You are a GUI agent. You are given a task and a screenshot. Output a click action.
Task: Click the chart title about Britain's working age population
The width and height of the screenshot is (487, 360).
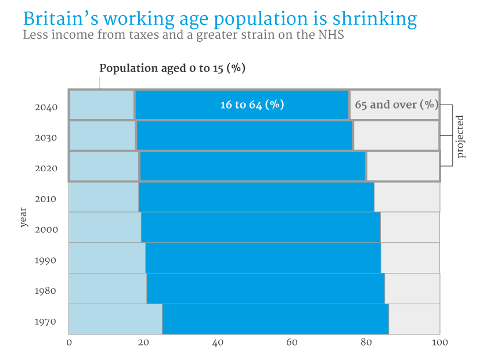219,19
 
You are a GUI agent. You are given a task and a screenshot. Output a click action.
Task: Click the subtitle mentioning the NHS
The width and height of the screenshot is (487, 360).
183,35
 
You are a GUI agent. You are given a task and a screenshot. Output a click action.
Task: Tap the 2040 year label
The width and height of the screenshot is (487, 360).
46,107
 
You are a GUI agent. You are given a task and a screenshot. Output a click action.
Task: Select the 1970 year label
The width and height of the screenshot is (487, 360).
46,322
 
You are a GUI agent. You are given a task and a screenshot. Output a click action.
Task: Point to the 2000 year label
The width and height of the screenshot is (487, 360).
46,230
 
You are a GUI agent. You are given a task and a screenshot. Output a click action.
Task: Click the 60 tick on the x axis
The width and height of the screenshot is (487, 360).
292,343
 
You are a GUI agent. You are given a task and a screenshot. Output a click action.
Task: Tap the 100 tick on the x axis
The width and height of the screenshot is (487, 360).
440,343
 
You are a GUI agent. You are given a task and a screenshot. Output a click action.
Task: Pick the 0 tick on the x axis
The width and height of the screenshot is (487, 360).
69,343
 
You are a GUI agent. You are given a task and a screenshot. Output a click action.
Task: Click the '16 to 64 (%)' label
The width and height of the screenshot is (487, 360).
252,105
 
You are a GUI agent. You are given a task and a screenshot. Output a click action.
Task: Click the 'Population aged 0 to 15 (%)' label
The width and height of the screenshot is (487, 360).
172,69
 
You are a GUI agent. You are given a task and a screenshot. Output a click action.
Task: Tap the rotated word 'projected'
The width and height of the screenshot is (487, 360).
461,136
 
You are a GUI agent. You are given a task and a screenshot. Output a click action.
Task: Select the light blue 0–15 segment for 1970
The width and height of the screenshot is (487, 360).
116,319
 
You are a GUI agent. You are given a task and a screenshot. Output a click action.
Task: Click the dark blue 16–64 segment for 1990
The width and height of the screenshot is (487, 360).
263,257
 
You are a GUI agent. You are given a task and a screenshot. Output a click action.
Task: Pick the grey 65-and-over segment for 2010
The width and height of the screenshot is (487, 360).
407,197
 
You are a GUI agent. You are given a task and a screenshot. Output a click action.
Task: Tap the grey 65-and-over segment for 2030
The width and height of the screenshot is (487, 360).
396,136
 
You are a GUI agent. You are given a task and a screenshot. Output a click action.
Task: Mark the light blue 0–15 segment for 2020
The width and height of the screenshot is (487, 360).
104,166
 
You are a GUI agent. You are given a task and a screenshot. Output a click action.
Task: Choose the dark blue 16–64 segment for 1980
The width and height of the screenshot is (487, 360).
265,288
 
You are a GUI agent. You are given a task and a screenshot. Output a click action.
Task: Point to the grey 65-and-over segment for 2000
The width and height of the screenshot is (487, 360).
410,227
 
